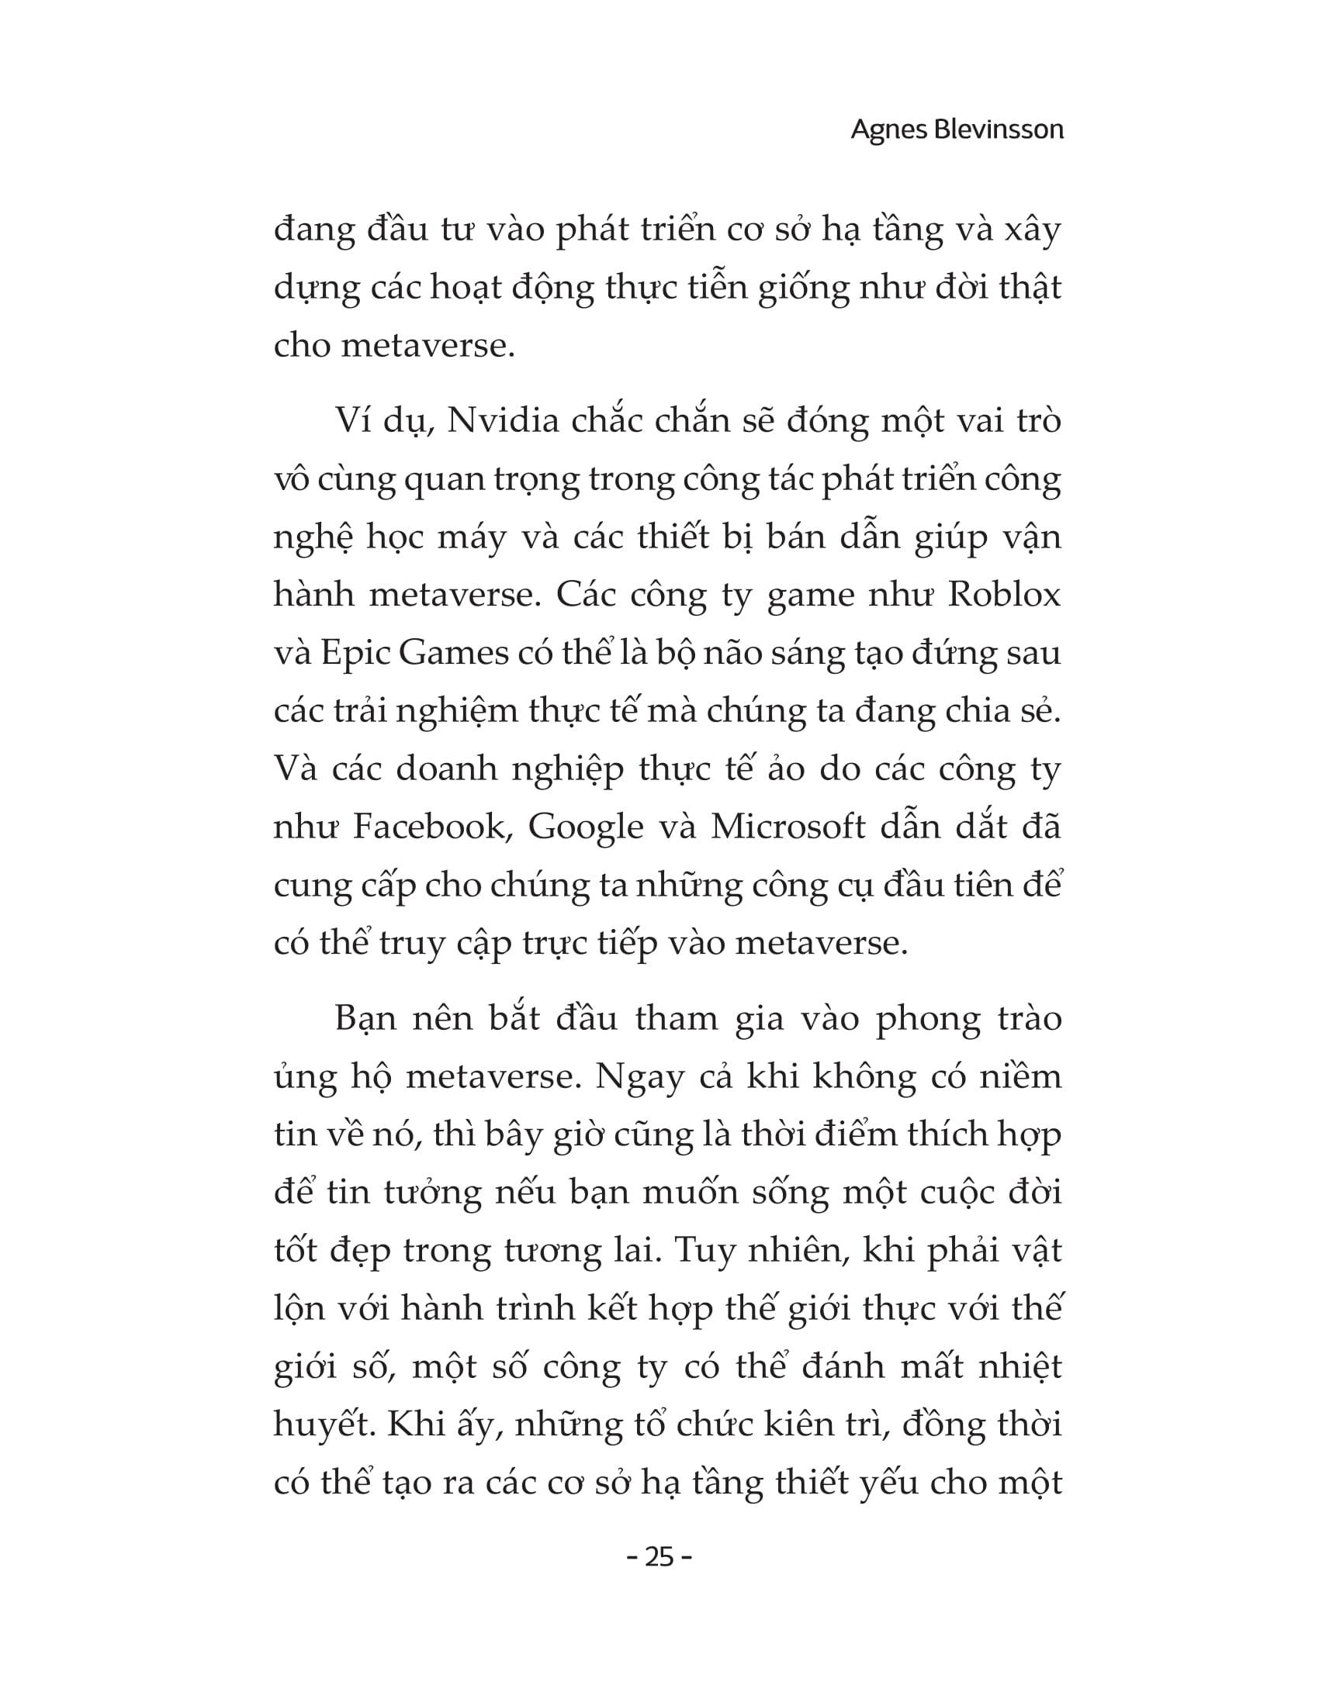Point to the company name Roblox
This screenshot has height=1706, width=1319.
[1004, 596]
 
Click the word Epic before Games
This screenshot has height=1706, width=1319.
[355, 654]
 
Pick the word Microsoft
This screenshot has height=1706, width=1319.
[788, 827]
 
